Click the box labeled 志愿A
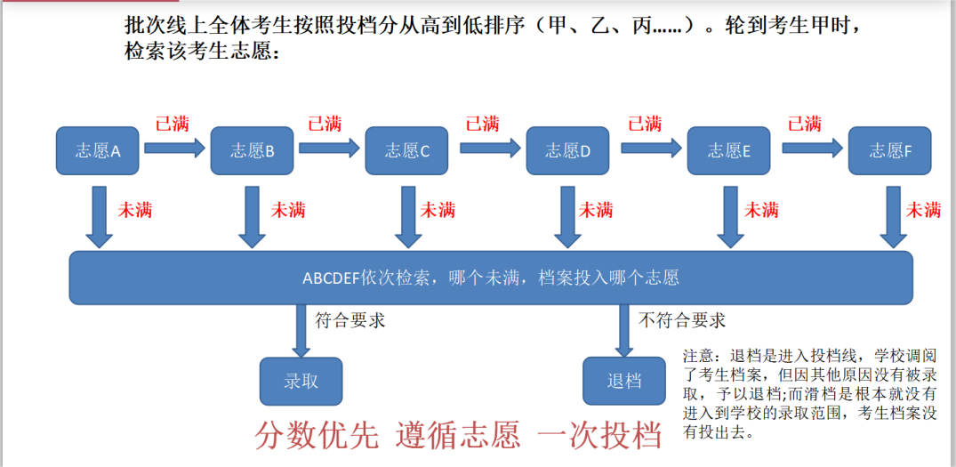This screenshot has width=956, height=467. [98, 150]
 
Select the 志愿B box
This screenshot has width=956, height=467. [253, 150]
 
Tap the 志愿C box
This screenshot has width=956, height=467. [407, 150]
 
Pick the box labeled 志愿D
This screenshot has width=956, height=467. [568, 150]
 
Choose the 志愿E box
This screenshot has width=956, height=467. [729, 150]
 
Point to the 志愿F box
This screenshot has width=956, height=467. [890, 150]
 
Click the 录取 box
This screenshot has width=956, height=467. [301, 382]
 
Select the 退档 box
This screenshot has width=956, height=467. [624, 382]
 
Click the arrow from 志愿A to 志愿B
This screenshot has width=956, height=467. [174, 149]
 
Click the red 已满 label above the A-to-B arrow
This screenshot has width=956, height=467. [173, 124]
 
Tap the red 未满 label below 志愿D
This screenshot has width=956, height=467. [596, 210]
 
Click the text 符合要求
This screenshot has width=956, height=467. [350, 321]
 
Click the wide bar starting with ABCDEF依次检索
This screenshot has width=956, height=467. [491, 278]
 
